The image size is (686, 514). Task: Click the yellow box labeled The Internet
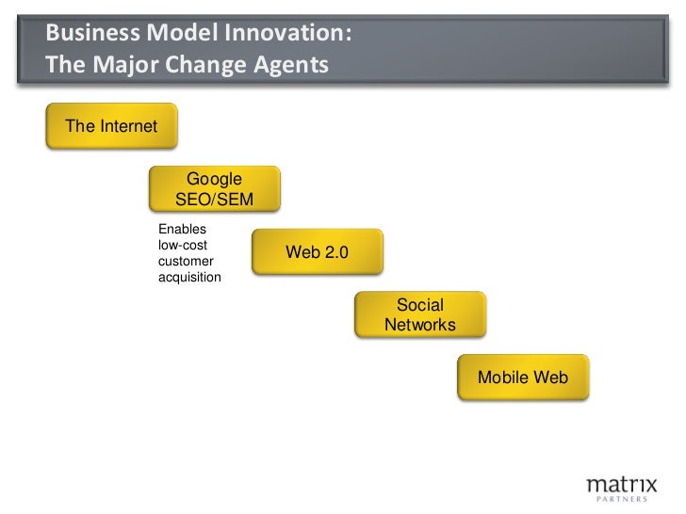[x=111, y=126]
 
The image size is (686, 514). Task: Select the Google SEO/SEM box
[x=214, y=188]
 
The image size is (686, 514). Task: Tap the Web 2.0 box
[x=317, y=252]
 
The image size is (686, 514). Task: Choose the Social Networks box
[x=419, y=314]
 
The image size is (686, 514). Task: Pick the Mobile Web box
[x=523, y=377]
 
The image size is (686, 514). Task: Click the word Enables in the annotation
[x=183, y=229]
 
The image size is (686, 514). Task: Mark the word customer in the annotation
[x=187, y=261]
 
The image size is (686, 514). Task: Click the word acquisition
[x=189, y=277]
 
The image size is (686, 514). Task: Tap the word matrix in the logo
[x=617, y=484]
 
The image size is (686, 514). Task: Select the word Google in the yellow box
[x=214, y=179]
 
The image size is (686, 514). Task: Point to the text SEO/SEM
[x=214, y=199]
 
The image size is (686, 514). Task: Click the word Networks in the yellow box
[x=419, y=325]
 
